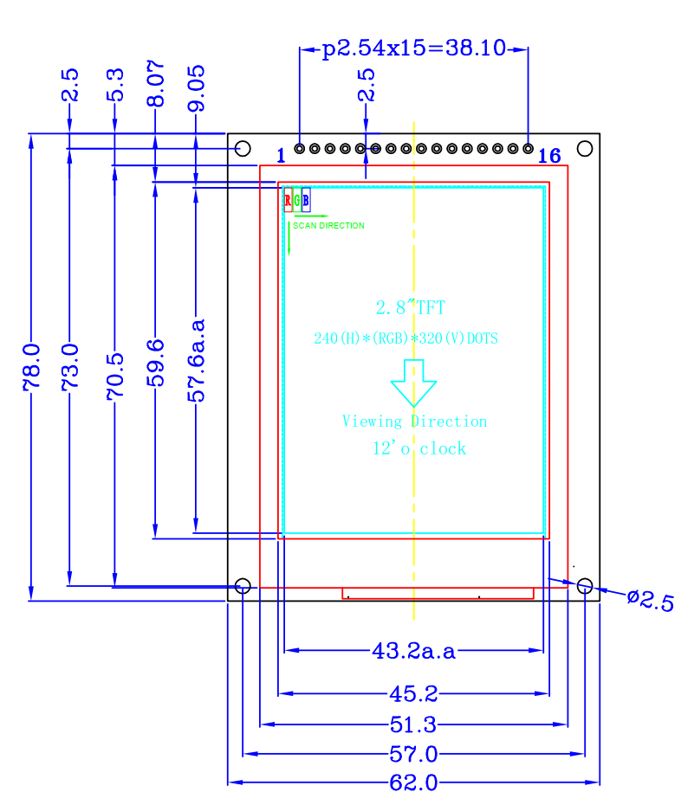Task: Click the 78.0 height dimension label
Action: (32, 368)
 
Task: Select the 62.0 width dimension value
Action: (413, 782)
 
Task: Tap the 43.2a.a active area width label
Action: (413, 651)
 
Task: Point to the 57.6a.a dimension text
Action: (196, 360)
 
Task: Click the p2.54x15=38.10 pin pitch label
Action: (414, 48)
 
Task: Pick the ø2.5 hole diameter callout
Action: (651, 601)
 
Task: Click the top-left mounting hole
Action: (243, 149)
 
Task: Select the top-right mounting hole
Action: (585, 148)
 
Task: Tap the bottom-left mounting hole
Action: (243, 586)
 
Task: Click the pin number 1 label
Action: (281, 156)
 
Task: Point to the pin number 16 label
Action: (549, 156)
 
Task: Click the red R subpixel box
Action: (289, 200)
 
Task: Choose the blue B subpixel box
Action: (306, 200)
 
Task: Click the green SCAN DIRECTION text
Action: (328, 226)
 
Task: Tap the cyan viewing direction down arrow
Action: (413, 383)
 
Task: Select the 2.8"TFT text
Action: (411, 307)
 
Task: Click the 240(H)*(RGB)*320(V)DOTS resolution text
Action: (405, 338)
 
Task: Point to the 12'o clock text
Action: (419, 448)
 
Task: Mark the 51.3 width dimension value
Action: (413, 724)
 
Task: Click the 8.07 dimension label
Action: (156, 84)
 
